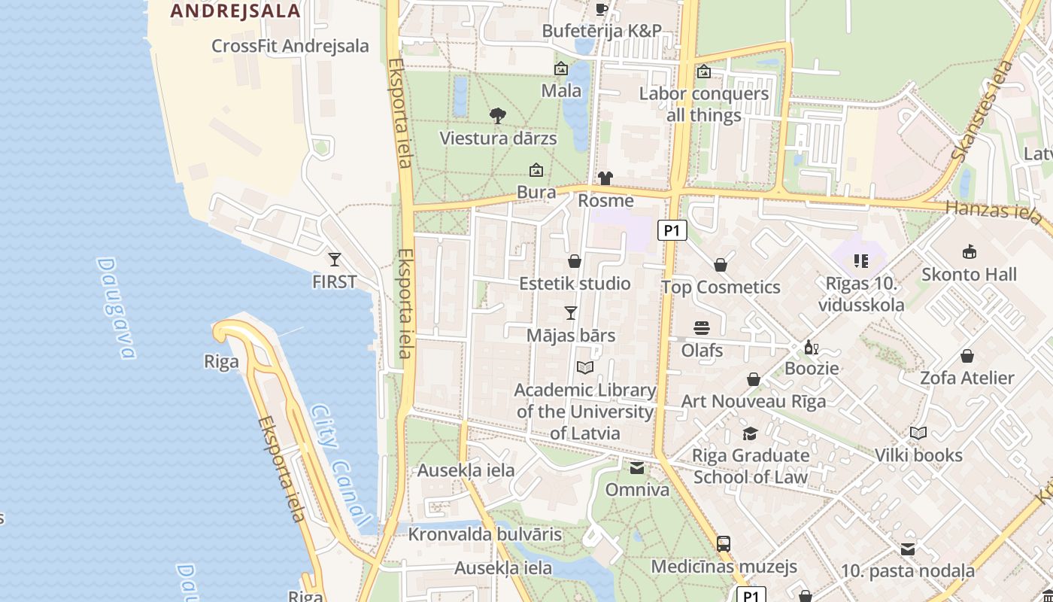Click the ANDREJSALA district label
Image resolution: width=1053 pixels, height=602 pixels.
[x=235, y=11]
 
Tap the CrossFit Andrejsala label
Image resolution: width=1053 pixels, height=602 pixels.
[x=290, y=46]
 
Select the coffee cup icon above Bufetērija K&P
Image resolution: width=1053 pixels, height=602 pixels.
[x=602, y=9]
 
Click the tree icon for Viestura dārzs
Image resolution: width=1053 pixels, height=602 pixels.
[x=497, y=115]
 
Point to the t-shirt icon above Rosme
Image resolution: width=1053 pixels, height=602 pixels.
[x=605, y=178]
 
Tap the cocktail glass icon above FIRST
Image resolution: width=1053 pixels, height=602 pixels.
[x=335, y=260]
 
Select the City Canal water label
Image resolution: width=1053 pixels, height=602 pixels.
[x=341, y=466]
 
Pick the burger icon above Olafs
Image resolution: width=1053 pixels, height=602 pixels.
[x=702, y=327]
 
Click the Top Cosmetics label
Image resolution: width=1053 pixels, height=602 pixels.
[x=721, y=287]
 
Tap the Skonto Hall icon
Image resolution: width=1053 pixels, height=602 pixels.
[x=970, y=252]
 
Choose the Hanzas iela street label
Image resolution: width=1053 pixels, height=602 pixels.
[x=993, y=211]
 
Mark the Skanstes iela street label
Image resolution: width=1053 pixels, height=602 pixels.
[x=982, y=113]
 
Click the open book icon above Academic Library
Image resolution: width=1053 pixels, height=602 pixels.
[x=585, y=367]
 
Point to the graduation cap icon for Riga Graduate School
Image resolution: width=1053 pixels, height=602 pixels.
[x=750, y=433]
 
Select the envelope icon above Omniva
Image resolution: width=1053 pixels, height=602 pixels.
[x=637, y=468]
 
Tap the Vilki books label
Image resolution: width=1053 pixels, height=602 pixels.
[x=918, y=455]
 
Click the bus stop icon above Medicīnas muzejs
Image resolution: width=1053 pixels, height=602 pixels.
[x=724, y=543]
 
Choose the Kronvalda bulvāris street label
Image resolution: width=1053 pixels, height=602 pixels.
[x=485, y=534]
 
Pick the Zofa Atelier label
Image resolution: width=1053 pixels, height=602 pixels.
[x=967, y=378]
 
